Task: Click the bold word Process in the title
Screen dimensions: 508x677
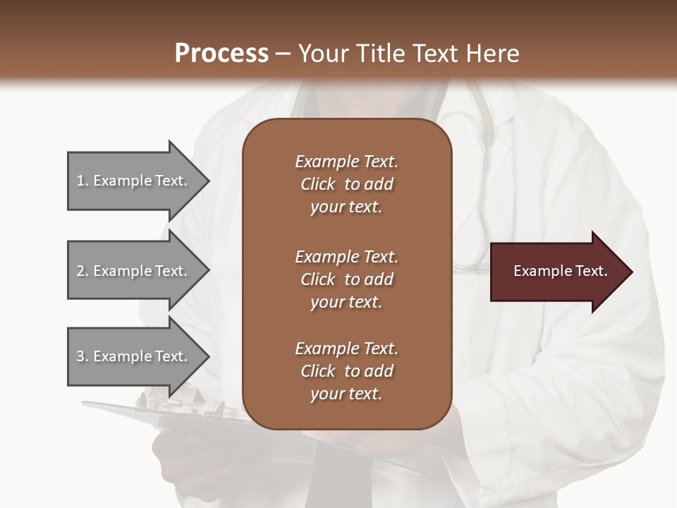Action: [x=221, y=54]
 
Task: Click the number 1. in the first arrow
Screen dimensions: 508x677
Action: [x=83, y=181]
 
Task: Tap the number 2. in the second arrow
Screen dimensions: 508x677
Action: [x=83, y=271]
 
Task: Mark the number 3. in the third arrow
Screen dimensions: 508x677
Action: [x=83, y=356]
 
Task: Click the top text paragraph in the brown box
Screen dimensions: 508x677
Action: [x=346, y=184]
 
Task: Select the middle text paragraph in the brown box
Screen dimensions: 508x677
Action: [x=346, y=279]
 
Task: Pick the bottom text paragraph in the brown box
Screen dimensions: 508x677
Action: [x=346, y=371]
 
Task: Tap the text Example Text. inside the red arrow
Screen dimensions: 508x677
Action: [x=560, y=271]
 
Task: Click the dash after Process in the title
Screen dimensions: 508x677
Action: [x=283, y=54]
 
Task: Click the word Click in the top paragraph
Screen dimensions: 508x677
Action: [x=318, y=184]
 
